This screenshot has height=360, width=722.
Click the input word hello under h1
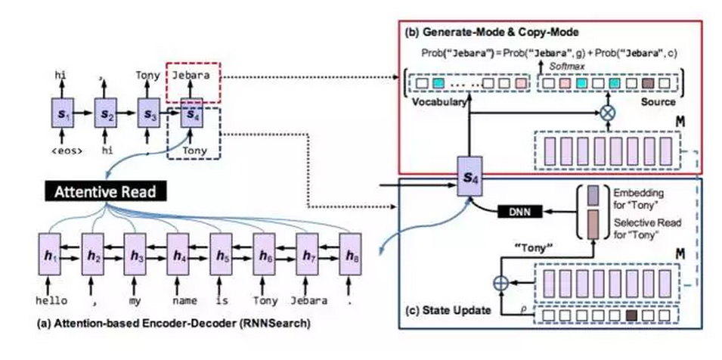tap(51, 300)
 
